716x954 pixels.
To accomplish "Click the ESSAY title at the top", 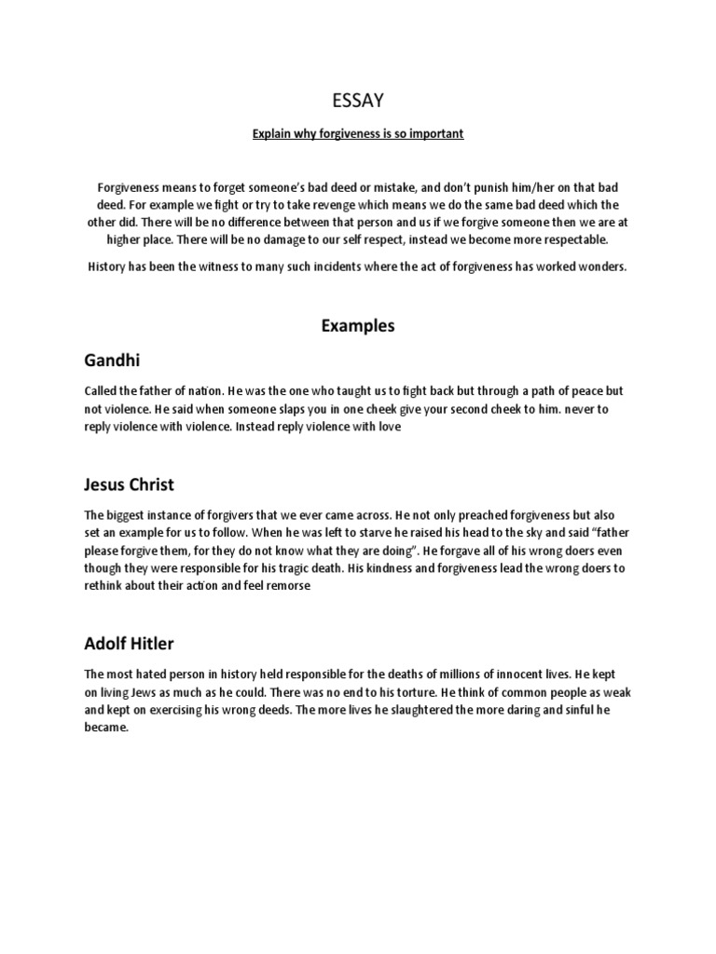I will [357, 99].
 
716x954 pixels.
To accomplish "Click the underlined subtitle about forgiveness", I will [357, 134].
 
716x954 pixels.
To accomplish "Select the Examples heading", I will [358, 326].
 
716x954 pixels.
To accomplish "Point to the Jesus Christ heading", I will [129, 485].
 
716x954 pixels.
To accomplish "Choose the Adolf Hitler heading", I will [129, 644].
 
